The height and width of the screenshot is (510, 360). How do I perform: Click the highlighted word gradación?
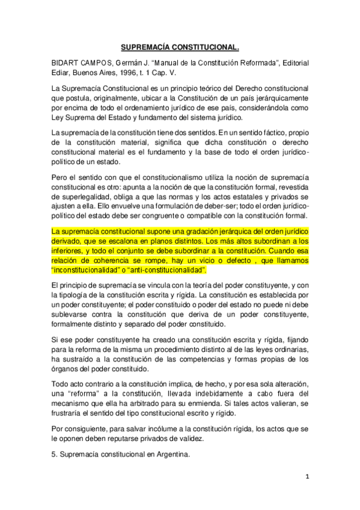pos(188,232)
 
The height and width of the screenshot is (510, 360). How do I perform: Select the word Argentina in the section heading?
pos(171,454)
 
